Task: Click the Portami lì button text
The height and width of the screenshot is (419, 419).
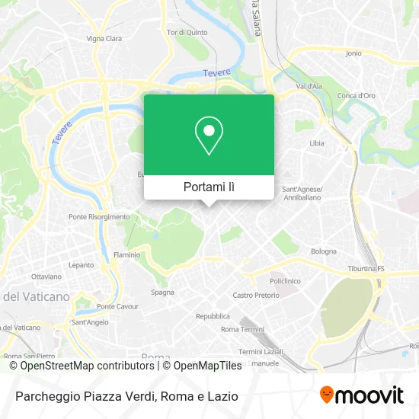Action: tap(209, 187)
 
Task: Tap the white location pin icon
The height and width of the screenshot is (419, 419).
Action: tap(209, 136)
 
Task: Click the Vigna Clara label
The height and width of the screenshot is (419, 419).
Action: tap(104, 37)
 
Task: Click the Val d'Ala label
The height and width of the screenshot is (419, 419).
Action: tap(309, 87)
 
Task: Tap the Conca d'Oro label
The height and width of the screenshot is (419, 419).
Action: tap(357, 95)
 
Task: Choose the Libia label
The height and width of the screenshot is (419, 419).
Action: tap(317, 143)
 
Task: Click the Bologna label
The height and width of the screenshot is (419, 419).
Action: tap(323, 251)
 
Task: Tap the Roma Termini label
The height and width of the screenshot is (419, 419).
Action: tap(240, 329)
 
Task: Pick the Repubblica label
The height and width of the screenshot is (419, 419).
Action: tap(213, 316)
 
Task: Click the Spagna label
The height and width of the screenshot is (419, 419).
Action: tap(162, 292)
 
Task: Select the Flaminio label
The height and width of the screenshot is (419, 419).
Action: tap(126, 254)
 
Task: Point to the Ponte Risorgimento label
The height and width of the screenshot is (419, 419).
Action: tap(99, 216)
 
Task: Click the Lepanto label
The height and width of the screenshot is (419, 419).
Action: tap(81, 265)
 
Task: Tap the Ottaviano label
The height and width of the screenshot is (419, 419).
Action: tap(46, 276)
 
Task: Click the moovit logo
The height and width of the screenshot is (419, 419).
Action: tap(361, 395)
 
